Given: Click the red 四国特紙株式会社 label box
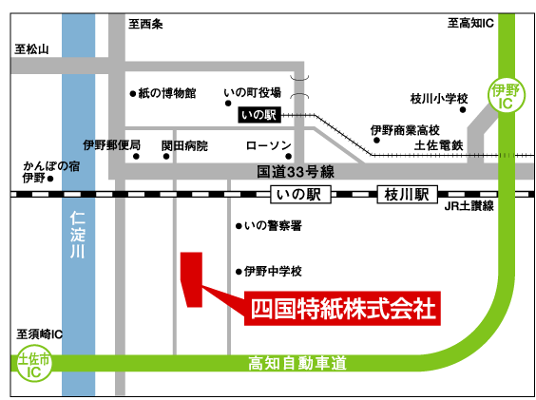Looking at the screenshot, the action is [x=342, y=309].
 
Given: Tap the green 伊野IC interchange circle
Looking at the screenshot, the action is [x=506, y=95].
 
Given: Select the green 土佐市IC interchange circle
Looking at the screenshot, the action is [x=34, y=363].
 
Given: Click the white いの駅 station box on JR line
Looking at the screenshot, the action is [x=300, y=195].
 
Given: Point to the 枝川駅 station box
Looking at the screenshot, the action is [x=407, y=195].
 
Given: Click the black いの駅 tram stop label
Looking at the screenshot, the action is [x=259, y=115].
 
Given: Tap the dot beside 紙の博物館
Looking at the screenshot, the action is [x=133, y=93].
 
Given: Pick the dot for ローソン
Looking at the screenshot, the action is [x=289, y=156].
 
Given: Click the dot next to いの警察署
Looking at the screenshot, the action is [x=239, y=226].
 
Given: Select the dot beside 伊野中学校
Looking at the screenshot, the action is [x=239, y=272].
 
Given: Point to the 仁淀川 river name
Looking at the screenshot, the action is [x=78, y=235].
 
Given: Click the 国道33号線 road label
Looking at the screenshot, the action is [x=296, y=172].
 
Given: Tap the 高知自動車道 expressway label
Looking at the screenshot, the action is [x=297, y=363].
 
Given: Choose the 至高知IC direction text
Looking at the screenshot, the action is [x=470, y=23].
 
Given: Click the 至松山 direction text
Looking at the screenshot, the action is [x=31, y=49].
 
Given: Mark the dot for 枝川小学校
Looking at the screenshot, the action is [x=463, y=110].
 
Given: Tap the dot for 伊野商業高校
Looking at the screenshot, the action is [x=376, y=141].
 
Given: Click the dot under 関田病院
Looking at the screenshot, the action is [x=166, y=156].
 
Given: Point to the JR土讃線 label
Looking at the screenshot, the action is [x=469, y=206].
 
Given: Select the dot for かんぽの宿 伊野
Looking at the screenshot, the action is [x=50, y=179].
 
